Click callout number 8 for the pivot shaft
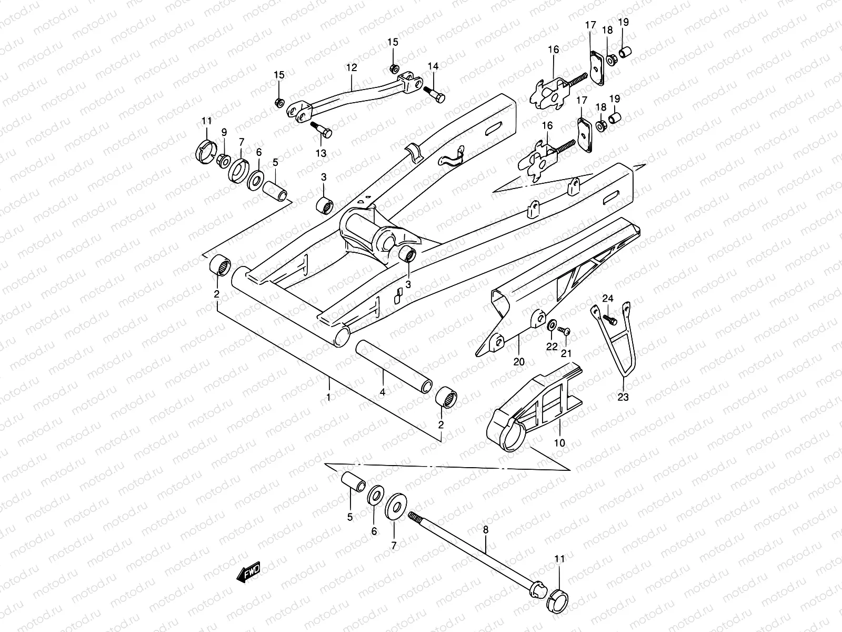coord(485,530)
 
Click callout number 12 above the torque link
coord(352,67)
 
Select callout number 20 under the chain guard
coord(519,362)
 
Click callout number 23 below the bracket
coord(623,398)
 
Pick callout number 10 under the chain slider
coord(560,443)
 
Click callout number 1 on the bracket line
coord(329,397)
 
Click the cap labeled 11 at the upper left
coord(206,150)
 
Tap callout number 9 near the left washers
coord(224,132)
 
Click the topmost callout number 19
coord(623,22)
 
